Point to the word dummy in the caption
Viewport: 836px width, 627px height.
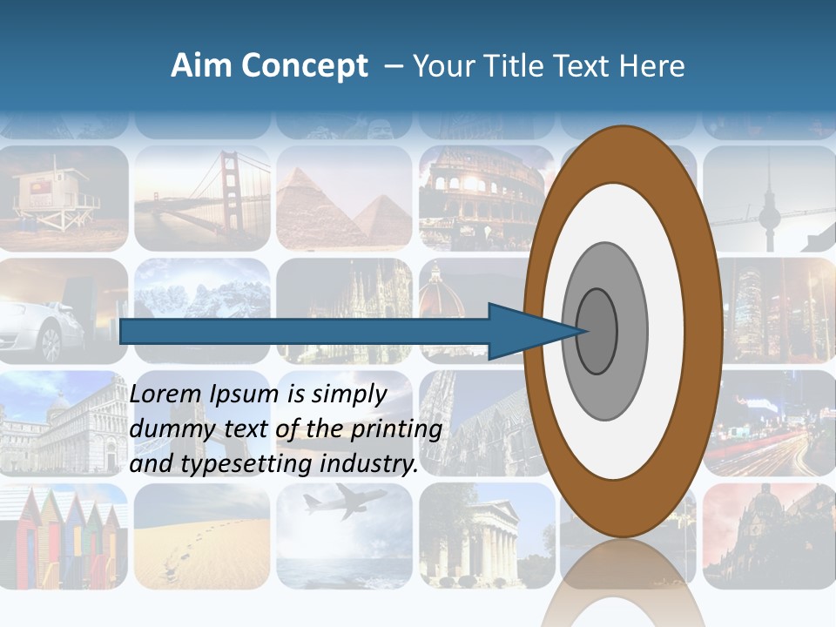click(x=168, y=429)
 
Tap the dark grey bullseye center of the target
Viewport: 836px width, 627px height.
click(x=597, y=332)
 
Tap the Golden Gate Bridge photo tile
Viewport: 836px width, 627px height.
click(x=203, y=199)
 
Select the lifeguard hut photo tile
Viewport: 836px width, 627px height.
click(x=63, y=199)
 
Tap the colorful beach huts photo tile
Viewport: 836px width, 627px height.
click(x=63, y=536)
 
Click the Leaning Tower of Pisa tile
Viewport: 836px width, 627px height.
click(x=63, y=423)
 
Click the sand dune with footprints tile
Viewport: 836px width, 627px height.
click(x=203, y=536)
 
